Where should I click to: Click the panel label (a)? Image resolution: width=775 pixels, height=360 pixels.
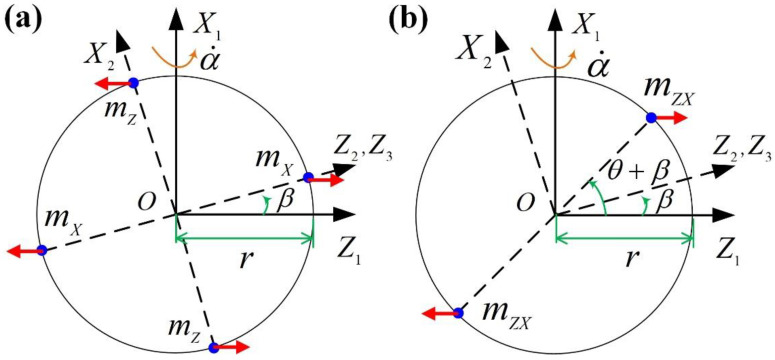(x=22, y=19)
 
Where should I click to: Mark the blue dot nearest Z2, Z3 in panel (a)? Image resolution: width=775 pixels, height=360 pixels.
(x=308, y=177)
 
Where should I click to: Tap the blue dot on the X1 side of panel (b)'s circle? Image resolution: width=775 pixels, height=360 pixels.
(x=651, y=118)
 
